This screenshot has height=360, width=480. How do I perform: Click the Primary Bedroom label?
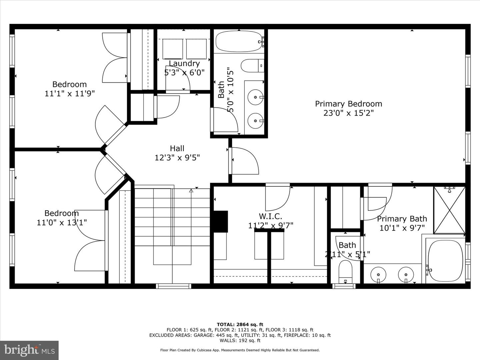348,104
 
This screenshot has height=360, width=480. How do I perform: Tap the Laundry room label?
184,63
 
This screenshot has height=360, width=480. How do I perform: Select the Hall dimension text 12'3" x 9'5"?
177,158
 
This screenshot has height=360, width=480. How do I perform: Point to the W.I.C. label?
271,216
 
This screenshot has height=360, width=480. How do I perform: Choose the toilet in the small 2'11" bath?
345,271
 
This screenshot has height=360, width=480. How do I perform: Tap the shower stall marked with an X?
450,210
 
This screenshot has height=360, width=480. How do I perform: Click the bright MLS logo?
29,350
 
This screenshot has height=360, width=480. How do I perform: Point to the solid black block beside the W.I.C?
220,221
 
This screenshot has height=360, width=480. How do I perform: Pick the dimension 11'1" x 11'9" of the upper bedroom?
70,94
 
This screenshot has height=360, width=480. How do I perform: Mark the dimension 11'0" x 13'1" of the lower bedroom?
62,223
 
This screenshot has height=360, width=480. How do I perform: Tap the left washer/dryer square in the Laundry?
173,49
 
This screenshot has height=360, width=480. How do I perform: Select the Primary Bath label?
402,219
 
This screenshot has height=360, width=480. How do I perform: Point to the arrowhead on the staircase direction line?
191,191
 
